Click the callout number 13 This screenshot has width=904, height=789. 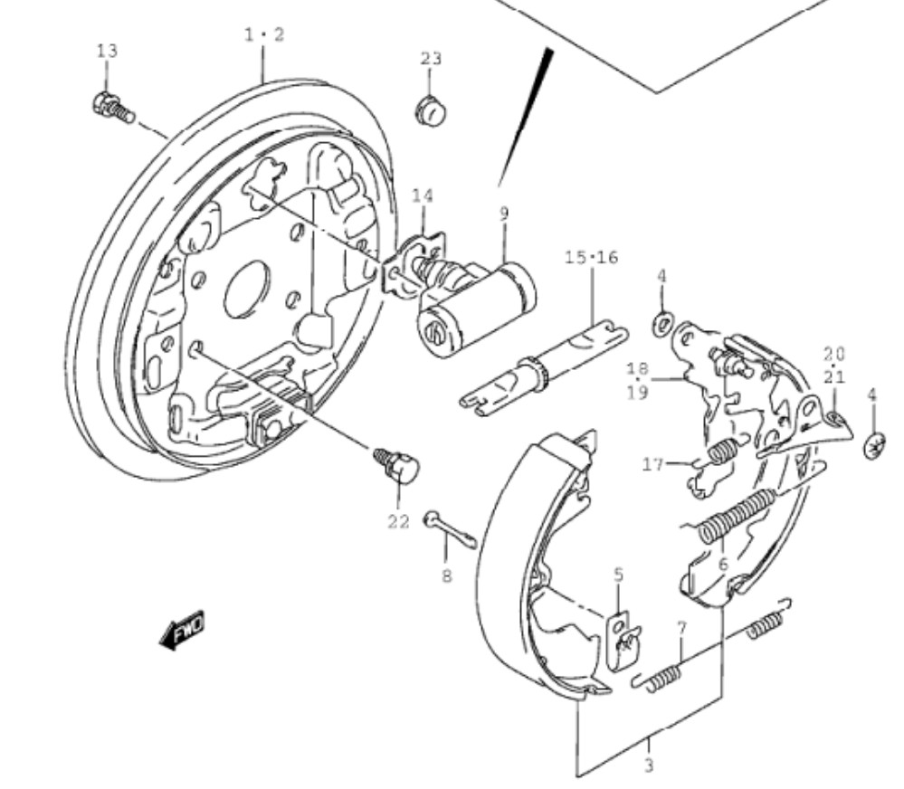(x=108, y=51)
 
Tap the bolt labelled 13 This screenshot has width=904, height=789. (x=113, y=109)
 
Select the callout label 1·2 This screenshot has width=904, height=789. (x=264, y=35)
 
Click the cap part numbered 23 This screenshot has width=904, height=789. (x=431, y=111)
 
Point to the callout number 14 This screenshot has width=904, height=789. (x=423, y=196)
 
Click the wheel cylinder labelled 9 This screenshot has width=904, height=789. (x=476, y=309)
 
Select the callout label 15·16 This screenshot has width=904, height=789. (x=592, y=257)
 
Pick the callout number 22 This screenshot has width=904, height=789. (x=398, y=521)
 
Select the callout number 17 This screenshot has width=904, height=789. (x=653, y=463)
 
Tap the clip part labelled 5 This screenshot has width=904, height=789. (x=623, y=642)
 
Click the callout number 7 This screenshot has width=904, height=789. (x=682, y=628)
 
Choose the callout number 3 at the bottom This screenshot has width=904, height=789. (x=649, y=765)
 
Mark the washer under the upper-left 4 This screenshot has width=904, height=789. (x=662, y=324)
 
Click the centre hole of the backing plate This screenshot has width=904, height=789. (x=247, y=290)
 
